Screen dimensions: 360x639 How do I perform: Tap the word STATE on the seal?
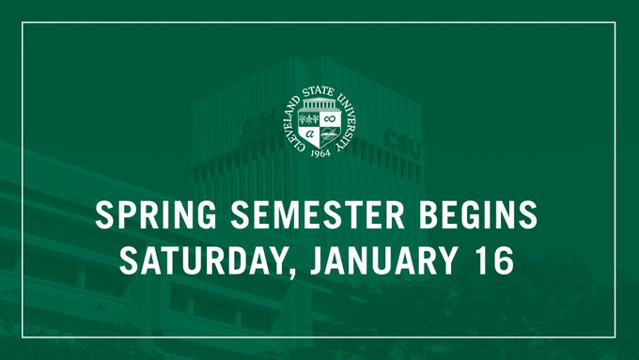click(x=319, y=92)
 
